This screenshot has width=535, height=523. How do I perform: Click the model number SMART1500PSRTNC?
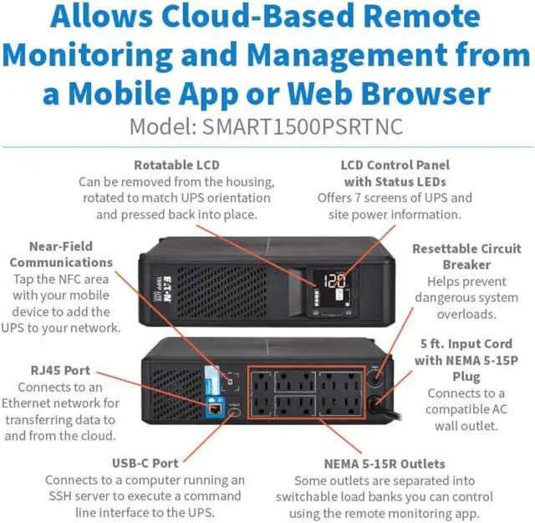(303, 126)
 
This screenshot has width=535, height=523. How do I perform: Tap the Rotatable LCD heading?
(176, 165)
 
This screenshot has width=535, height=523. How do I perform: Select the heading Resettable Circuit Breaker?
(466, 257)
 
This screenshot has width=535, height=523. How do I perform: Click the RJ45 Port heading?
(60, 371)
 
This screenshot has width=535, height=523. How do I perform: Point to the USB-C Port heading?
(145, 464)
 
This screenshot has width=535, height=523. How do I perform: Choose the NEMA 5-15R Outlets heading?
(385, 464)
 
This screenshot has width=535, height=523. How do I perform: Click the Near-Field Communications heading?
(61, 254)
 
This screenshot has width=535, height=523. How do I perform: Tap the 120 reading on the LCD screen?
(334, 281)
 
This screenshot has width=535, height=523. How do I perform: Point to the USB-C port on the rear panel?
(236, 412)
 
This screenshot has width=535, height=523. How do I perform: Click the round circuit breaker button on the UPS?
(376, 378)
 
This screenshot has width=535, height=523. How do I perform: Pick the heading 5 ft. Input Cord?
(466, 344)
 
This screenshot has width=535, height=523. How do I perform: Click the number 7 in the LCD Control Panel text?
(357, 197)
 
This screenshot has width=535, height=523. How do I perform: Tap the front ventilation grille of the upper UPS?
(221, 291)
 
